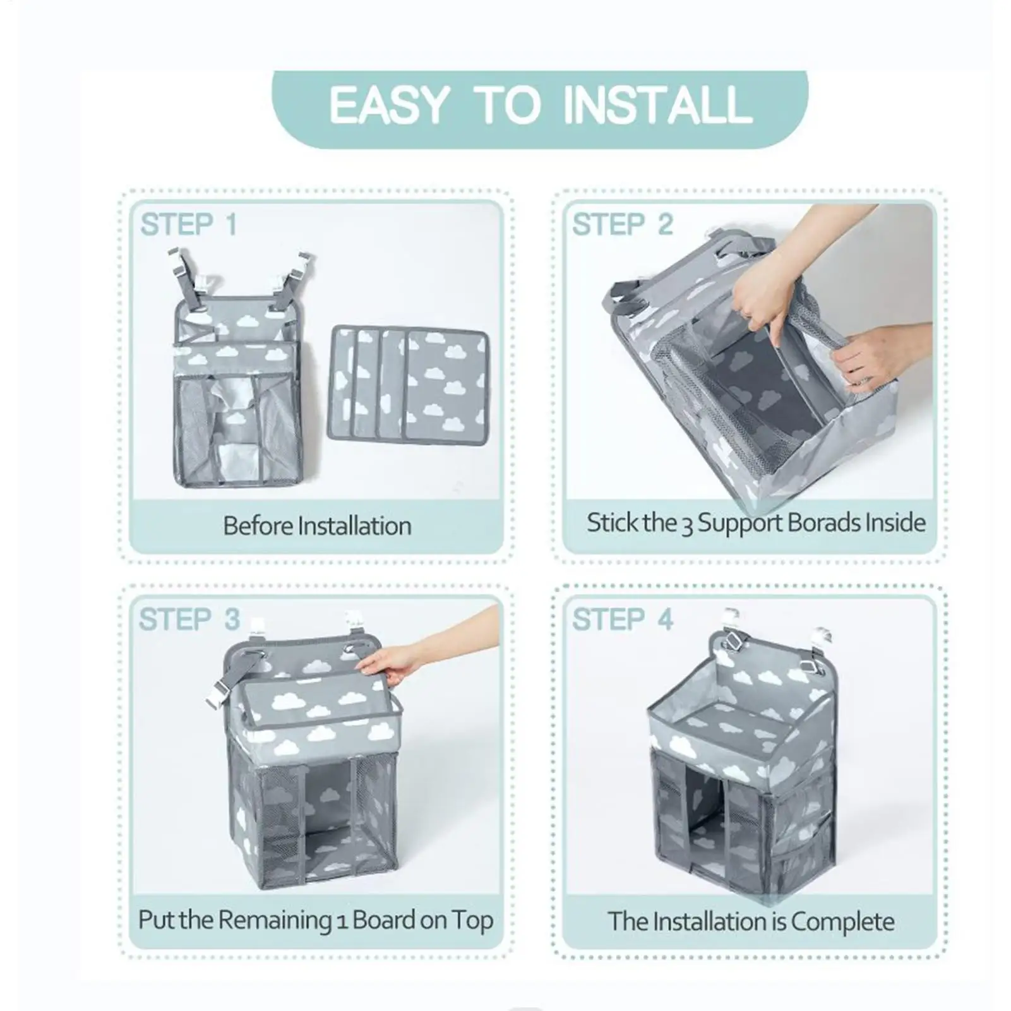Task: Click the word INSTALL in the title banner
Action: click(x=657, y=105)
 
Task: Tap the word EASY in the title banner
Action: click(x=389, y=105)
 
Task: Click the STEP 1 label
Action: click(x=188, y=225)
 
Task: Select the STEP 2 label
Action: click(x=623, y=225)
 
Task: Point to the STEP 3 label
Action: click(x=189, y=619)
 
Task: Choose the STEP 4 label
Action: click(x=623, y=619)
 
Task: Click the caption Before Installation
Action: click(x=317, y=526)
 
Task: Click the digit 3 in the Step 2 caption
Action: click(x=687, y=525)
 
